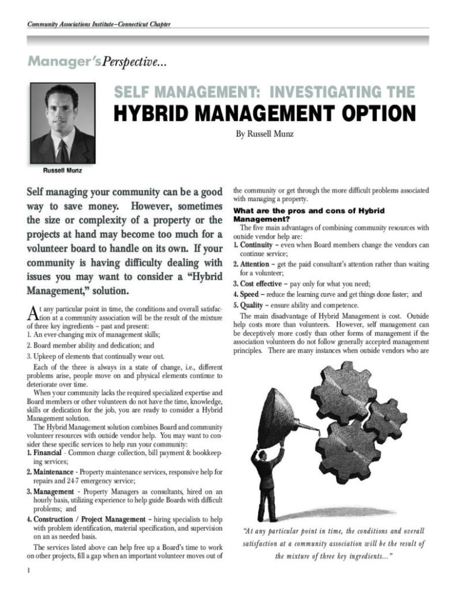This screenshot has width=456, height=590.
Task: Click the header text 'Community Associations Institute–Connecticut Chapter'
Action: [99, 24]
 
